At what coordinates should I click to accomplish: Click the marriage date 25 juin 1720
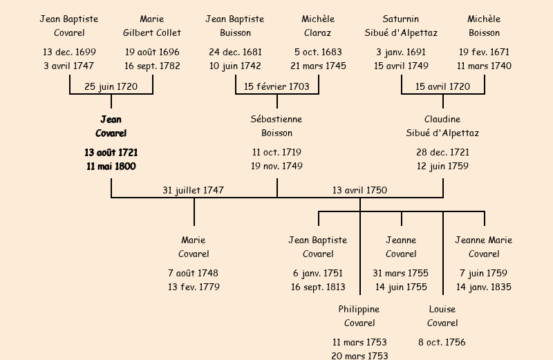tap(111, 86)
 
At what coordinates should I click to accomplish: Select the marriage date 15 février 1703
tap(276, 86)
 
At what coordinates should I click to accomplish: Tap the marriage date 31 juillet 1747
tap(194, 190)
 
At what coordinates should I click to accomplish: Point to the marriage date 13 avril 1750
tap(359, 190)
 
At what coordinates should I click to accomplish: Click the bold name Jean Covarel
tap(111, 126)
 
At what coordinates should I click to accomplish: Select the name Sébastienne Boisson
tap(276, 126)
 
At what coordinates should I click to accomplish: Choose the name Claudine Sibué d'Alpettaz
tap(442, 126)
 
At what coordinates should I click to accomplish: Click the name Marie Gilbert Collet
tap(152, 26)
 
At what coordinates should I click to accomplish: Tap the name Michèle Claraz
tap(318, 26)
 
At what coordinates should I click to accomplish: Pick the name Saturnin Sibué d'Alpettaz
tap(401, 26)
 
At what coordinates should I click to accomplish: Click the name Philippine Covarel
tap(359, 316)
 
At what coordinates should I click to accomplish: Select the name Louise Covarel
tap(442, 316)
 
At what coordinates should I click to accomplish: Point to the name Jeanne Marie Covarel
tap(484, 247)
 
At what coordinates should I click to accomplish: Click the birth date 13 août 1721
tap(111, 152)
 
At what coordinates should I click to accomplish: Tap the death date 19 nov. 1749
tap(276, 166)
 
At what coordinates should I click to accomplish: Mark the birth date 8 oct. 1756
tap(442, 342)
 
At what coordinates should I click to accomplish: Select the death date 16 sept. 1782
tap(152, 66)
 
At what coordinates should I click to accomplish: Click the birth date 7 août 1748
tap(194, 273)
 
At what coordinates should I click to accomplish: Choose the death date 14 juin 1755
tap(401, 287)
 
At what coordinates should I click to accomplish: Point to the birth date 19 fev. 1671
tap(484, 52)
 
